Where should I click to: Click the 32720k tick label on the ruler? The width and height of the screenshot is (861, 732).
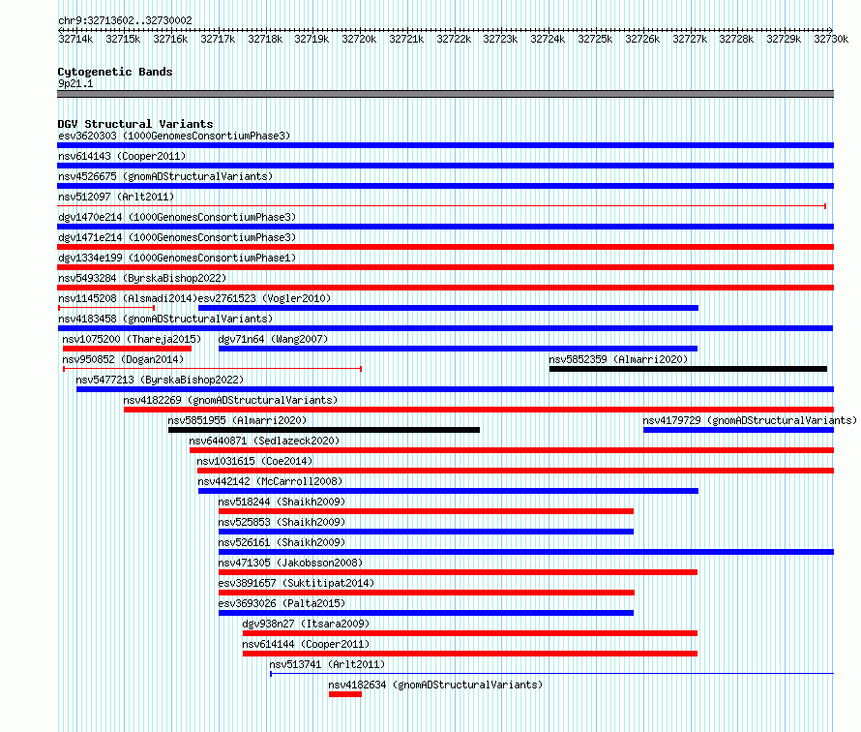click(359, 39)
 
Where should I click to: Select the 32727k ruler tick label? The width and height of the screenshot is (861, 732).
click(690, 39)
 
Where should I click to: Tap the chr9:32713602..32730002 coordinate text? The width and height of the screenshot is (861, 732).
click(125, 21)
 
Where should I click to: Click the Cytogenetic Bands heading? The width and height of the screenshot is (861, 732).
click(115, 72)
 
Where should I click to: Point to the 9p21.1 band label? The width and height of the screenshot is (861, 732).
click(75, 83)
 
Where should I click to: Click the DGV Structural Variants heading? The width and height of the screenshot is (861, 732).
click(135, 124)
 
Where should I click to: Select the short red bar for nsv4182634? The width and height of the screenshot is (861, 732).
click(345, 694)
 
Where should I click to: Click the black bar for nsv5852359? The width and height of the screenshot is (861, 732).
click(688, 369)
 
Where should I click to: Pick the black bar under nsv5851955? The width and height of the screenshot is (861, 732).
click(324, 430)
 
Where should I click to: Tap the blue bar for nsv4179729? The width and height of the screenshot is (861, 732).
click(738, 430)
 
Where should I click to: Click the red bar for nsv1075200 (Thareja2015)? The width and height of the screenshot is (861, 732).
click(128, 349)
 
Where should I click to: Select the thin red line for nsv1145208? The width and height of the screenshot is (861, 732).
click(106, 308)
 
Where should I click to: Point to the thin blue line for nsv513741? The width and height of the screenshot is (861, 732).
click(551, 674)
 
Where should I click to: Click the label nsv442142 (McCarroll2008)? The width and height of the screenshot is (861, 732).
click(270, 482)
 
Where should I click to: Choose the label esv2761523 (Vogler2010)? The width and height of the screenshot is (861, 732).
click(264, 299)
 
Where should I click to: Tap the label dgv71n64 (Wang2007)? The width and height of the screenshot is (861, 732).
click(273, 340)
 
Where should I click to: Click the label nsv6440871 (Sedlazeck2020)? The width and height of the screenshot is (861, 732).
click(264, 442)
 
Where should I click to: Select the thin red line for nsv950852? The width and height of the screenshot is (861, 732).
click(213, 369)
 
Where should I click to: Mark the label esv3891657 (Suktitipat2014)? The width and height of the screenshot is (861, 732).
click(296, 584)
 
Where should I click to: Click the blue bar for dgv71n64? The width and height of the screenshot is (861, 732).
click(458, 349)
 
